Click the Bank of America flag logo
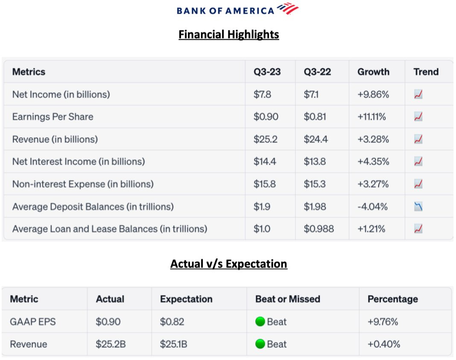tap(287, 9)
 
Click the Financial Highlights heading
tap(228, 34)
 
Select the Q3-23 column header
tap(267, 72)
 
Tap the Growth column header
tap(373, 72)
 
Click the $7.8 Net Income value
tap(262, 94)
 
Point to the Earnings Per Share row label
tap(53, 116)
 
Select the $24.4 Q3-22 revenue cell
tap(316, 139)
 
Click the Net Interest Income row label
tap(79, 162)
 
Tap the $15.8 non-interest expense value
tap(264, 184)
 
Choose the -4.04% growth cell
tap(373, 207)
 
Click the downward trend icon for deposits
tap(418, 207)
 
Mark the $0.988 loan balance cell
tap(319, 229)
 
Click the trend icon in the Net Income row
tap(418, 94)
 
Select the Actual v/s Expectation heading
tap(228, 264)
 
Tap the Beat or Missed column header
tap(287, 299)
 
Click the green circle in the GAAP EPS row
tap(260, 322)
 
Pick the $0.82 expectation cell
tap(172, 322)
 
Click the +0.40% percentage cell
tap(384, 344)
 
